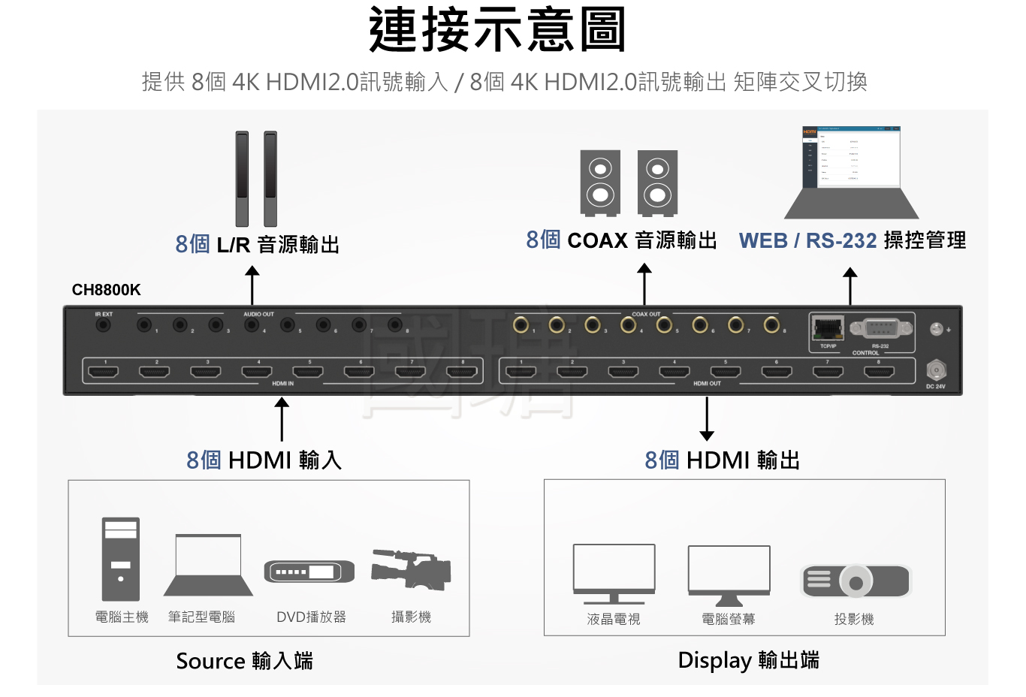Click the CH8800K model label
coord(106,290)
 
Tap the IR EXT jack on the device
coord(103,325)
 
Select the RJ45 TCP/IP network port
coord(827,328)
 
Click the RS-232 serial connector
coord(881,328)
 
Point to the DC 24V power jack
coord(935,370)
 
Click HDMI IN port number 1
coord(104,372)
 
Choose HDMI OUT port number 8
coord(878,372)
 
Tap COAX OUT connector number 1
coord(521,324)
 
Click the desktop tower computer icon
coord(121,559)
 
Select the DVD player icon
coord(309,572)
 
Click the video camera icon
coord(411,569)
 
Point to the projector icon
coord(856,581)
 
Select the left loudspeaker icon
coord(600,183)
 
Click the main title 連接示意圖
coord(497,30)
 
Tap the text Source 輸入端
coord(244,661)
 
